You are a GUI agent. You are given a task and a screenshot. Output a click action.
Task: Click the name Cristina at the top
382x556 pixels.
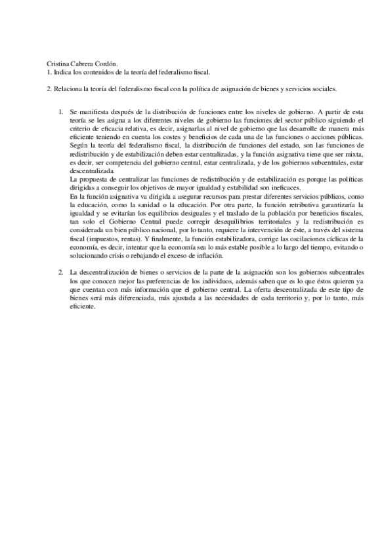(58, 64)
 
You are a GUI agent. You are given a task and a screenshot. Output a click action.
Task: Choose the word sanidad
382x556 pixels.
(149, 203)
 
